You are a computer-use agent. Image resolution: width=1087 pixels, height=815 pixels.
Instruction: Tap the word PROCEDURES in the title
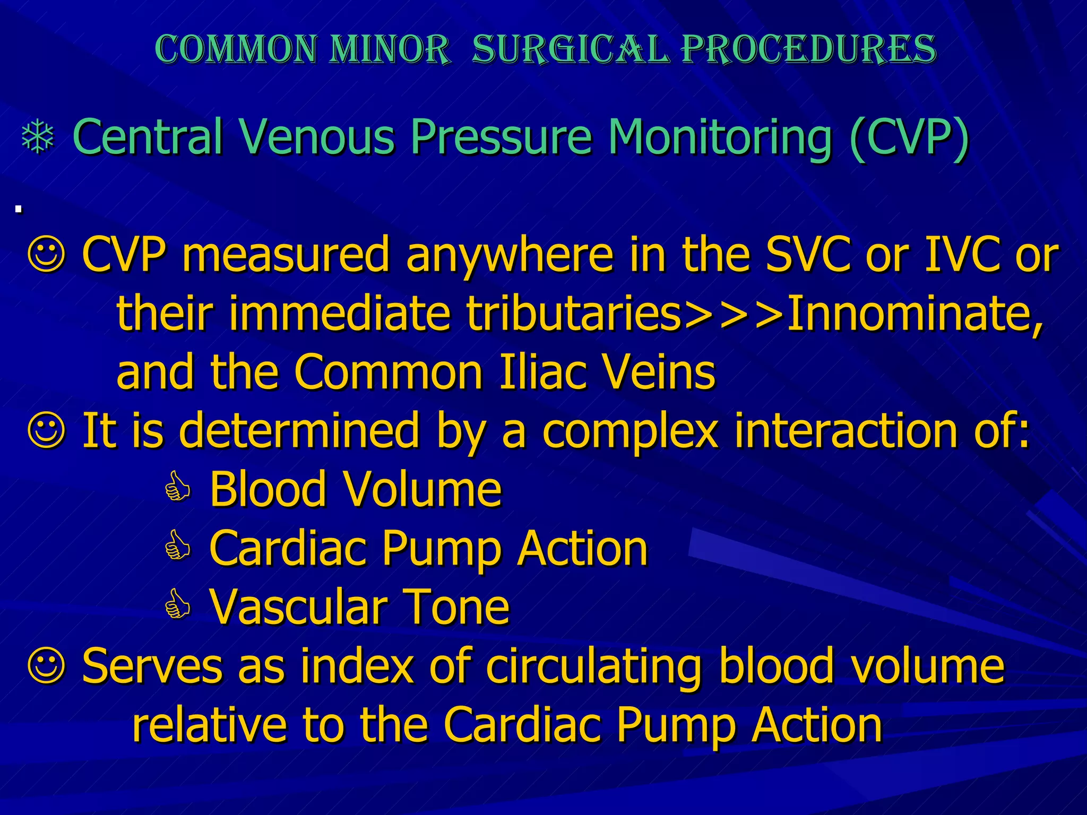(x=809, y=49)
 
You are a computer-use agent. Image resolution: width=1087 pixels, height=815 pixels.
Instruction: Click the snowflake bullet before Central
(x=38, y=138)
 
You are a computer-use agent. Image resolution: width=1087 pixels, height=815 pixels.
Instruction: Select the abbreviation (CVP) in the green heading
(x=909, y=138)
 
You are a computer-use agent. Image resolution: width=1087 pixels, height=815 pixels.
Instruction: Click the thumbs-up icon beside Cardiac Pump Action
(x=177, y=548)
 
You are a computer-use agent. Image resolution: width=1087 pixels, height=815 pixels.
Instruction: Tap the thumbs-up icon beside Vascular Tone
(x=177, y=606)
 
